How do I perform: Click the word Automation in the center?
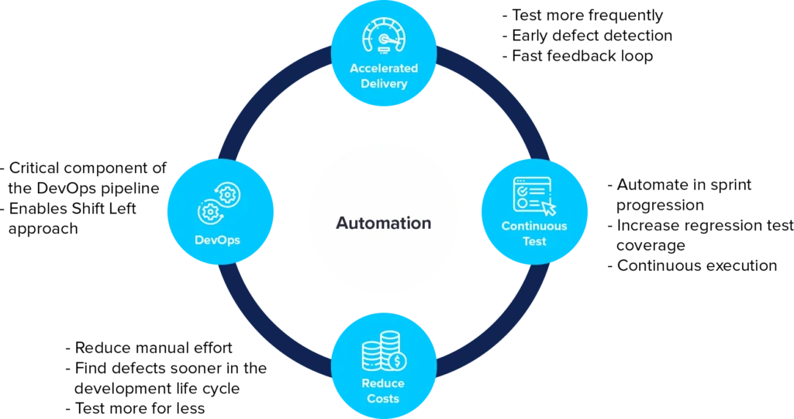pyautogui.click(x=383, y=223)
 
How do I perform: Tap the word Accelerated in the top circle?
pyautogui.click(x=383, y=68)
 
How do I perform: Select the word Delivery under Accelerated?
pyautogui.click(x=383, y=83)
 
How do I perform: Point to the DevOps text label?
pyautogui.click(x=217, y=240)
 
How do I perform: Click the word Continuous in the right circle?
pyautogui.click(x=534, y=227)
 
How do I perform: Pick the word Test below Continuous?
pyautogui.click(x=534, y=241)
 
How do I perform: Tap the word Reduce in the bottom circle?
pyautogui.click(x=383, y=383)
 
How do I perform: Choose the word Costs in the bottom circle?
pyautogui.click(x=383, y=398)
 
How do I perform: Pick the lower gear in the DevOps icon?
pyautogui.click(x=209, y=211)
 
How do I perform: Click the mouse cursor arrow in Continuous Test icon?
pyautogui.click(x=549, y=207)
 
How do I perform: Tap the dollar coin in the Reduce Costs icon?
pyautogui.click(x=398, y=361)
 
